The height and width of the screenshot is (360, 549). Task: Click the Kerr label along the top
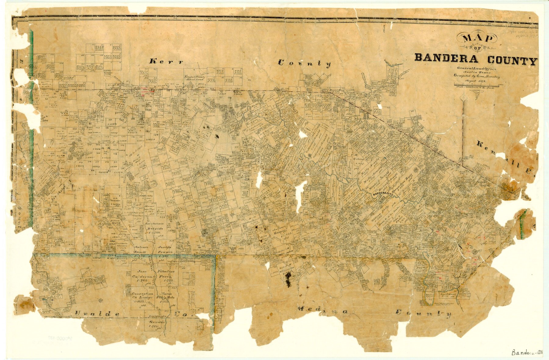click(167, 61)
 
